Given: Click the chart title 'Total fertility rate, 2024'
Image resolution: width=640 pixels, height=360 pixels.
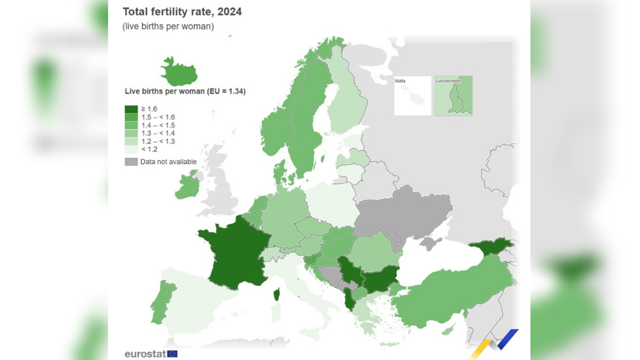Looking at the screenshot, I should point(182,12).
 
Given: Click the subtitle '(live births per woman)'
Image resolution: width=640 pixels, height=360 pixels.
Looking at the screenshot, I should point(168,26).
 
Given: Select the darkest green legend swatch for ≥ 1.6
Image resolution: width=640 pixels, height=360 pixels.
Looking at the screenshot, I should point(131,109).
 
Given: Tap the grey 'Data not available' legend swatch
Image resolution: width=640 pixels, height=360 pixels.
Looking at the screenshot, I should point(131,162).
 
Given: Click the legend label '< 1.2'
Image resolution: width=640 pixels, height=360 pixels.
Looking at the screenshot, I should point(149,149).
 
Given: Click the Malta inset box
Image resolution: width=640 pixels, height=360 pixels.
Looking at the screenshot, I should point(413,96).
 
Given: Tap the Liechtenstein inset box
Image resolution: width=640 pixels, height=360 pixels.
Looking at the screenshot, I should point(453,96).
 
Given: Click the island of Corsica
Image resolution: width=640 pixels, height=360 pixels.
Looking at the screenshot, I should point(276,294).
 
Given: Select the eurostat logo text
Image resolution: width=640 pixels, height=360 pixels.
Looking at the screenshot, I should point(145,354).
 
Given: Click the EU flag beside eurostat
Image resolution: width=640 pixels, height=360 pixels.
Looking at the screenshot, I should point(172,354).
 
